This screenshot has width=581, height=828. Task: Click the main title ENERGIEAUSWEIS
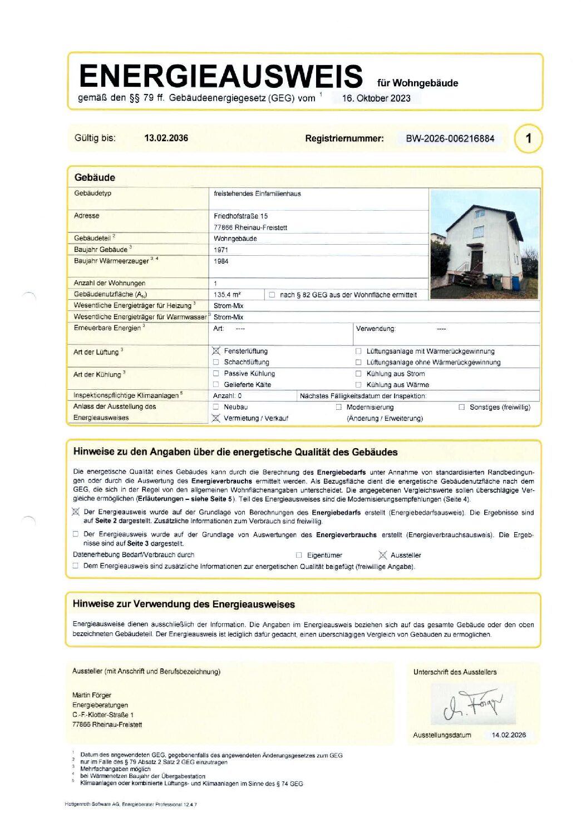click(x=220, y=76)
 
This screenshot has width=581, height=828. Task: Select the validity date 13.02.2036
click(x=166, y=138)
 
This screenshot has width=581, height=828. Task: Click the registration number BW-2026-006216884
click(x=450, y=138)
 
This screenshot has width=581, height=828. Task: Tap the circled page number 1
click(x=528, y=138)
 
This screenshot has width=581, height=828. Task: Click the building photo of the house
click(x=484, y=244)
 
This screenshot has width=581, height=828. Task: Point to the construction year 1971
click(x=221, y=250)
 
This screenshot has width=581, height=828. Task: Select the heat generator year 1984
click(x=221, y=261)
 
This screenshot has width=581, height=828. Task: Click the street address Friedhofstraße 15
click(x=240, y=216)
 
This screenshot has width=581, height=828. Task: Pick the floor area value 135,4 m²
click(x=227, y=295)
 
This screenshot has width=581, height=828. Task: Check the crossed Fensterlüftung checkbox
click(x=216, y=351)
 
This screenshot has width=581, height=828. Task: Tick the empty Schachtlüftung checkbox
click(x=216, y=362)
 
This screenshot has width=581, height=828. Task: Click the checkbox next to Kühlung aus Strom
click(x=358, y=374)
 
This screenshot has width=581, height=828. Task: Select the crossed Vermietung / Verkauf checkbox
click(x=216, y=418)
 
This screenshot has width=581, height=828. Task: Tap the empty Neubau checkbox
click(x=216, y=407)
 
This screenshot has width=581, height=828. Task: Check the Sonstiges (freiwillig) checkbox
click(x=461, y=407)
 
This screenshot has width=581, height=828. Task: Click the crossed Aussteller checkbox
click(x=382, y=555)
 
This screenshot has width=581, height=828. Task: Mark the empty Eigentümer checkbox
click(x=299, y=555)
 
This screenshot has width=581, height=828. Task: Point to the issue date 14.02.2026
click(x=509, y=735)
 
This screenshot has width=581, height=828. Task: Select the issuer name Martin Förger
click(x=92, y=695)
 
